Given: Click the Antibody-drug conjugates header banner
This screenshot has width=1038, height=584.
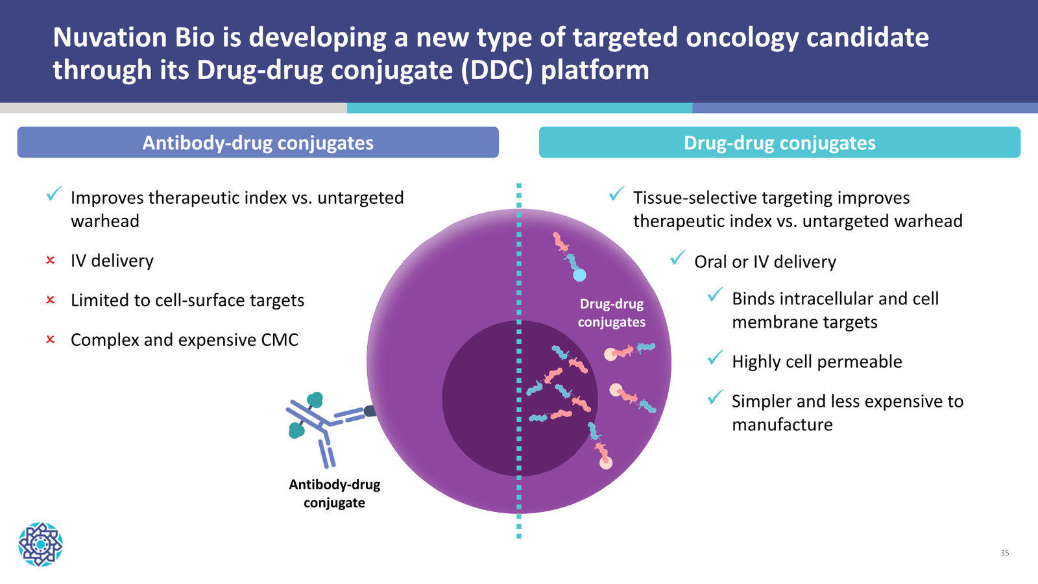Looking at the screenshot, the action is (x=258, y=142).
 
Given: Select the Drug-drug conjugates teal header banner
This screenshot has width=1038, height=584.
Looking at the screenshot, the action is (x=779, y=142).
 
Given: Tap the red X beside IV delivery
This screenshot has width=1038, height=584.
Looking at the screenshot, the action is (x=51, y=260).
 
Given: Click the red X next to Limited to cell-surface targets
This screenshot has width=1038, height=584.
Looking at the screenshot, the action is (x=51, y=300).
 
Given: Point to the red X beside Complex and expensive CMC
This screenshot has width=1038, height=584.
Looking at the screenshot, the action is (x=51, y=340).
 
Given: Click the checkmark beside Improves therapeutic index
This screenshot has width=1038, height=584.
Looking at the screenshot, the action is (x=54, y=194).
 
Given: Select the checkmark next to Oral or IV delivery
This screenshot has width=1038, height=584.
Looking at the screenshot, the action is (x=677, y=258).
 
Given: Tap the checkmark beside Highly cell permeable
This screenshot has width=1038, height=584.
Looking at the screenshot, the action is (x=716, y=358).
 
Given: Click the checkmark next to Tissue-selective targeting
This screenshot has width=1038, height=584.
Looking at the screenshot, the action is (x=616, y=194).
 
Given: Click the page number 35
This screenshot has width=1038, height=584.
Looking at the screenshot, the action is (x=1005, y=553).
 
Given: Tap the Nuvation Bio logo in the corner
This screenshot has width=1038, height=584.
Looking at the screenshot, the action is (x=40, y=544).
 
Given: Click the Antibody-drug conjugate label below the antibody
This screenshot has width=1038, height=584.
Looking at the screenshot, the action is (x=335, y=494).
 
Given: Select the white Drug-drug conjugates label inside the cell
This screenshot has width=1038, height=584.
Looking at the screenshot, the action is (x=612, y=313).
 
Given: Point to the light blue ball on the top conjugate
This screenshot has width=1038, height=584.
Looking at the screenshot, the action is (x=580, y=275).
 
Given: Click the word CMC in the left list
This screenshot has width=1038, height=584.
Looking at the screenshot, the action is (x=280, y=340).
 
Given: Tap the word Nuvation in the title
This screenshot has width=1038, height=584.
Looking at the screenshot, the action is (x=110, y=37).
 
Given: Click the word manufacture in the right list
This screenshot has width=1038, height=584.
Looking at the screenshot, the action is (x=782, y=424).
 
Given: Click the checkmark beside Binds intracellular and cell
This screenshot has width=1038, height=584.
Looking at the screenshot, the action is (x=716, y=295).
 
